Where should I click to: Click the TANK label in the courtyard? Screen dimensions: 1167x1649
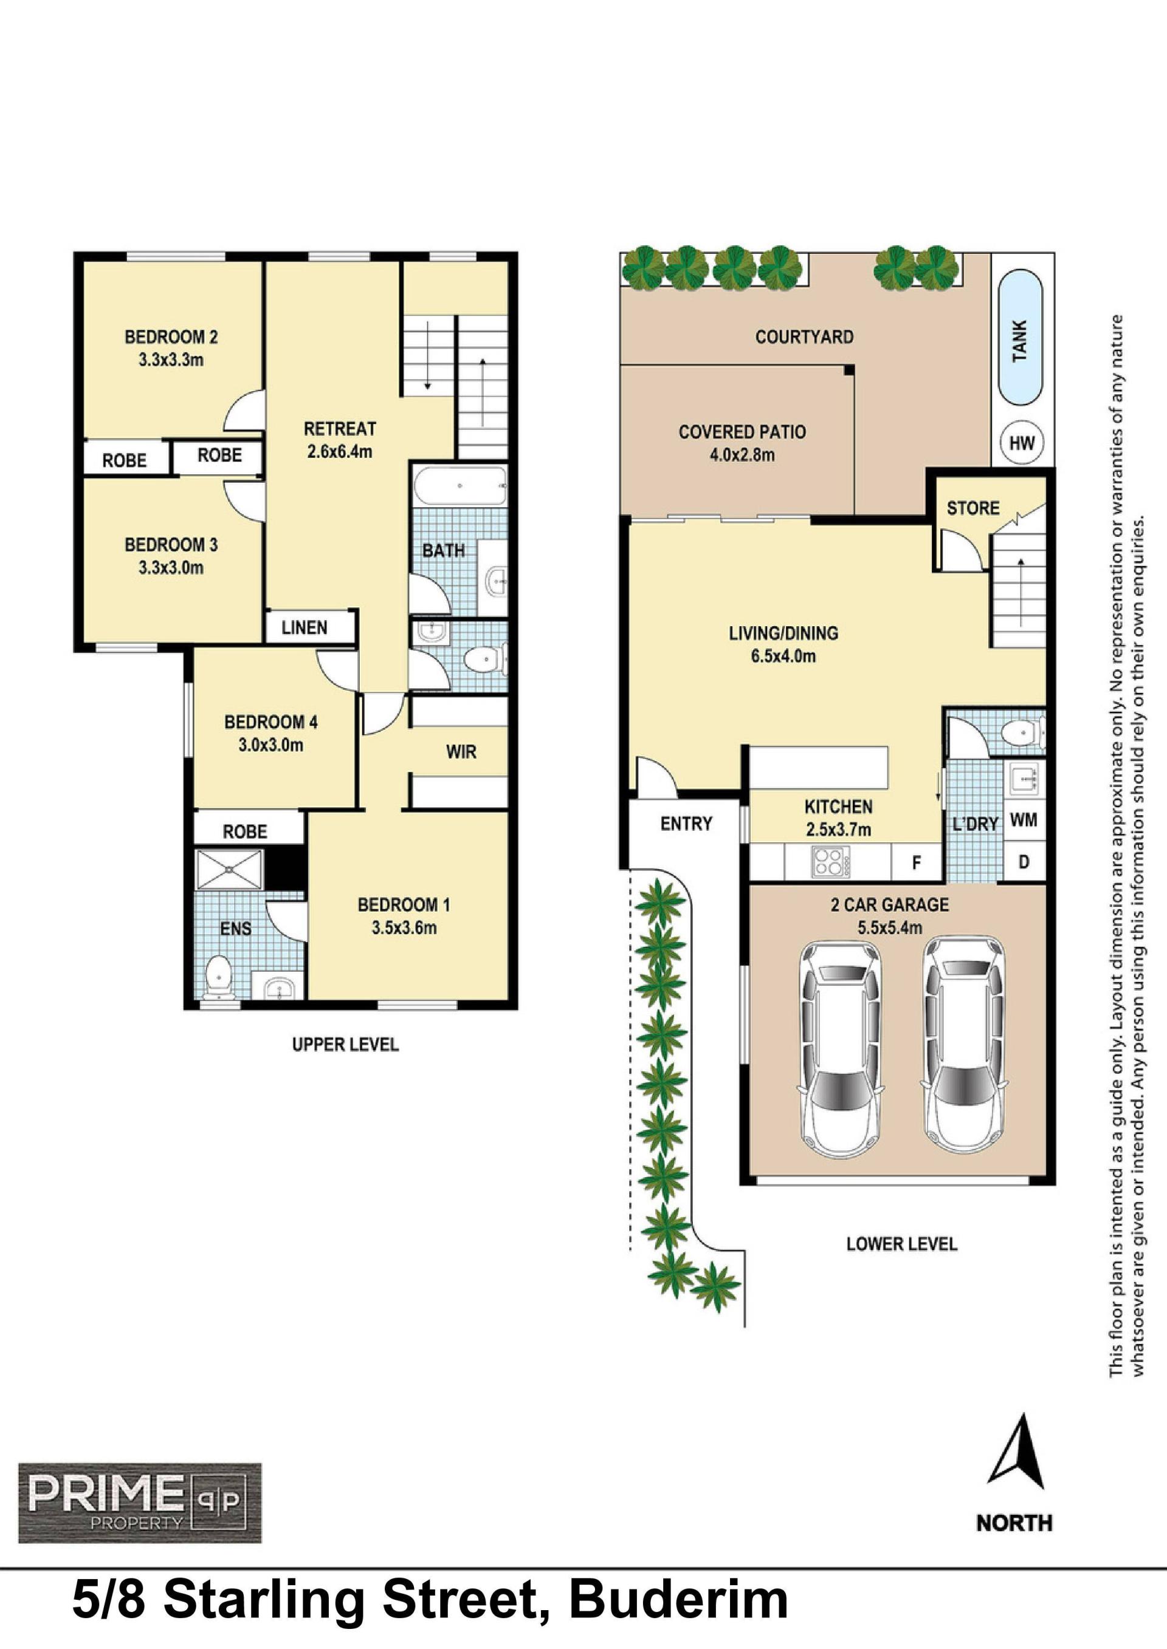1020,341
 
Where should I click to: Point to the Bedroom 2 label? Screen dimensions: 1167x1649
171,337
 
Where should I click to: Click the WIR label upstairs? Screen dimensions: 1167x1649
461,752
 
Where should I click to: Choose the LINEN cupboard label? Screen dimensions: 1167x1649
305,627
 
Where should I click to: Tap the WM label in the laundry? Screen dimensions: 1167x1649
1024,819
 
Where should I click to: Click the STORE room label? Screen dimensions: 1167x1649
973,508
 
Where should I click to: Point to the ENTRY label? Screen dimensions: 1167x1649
686,824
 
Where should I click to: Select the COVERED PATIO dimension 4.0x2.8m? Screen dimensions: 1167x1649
742,455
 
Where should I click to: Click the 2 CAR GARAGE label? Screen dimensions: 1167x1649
890,905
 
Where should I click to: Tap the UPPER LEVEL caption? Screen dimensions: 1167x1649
345,1044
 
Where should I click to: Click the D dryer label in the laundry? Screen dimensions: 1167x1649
1024,861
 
